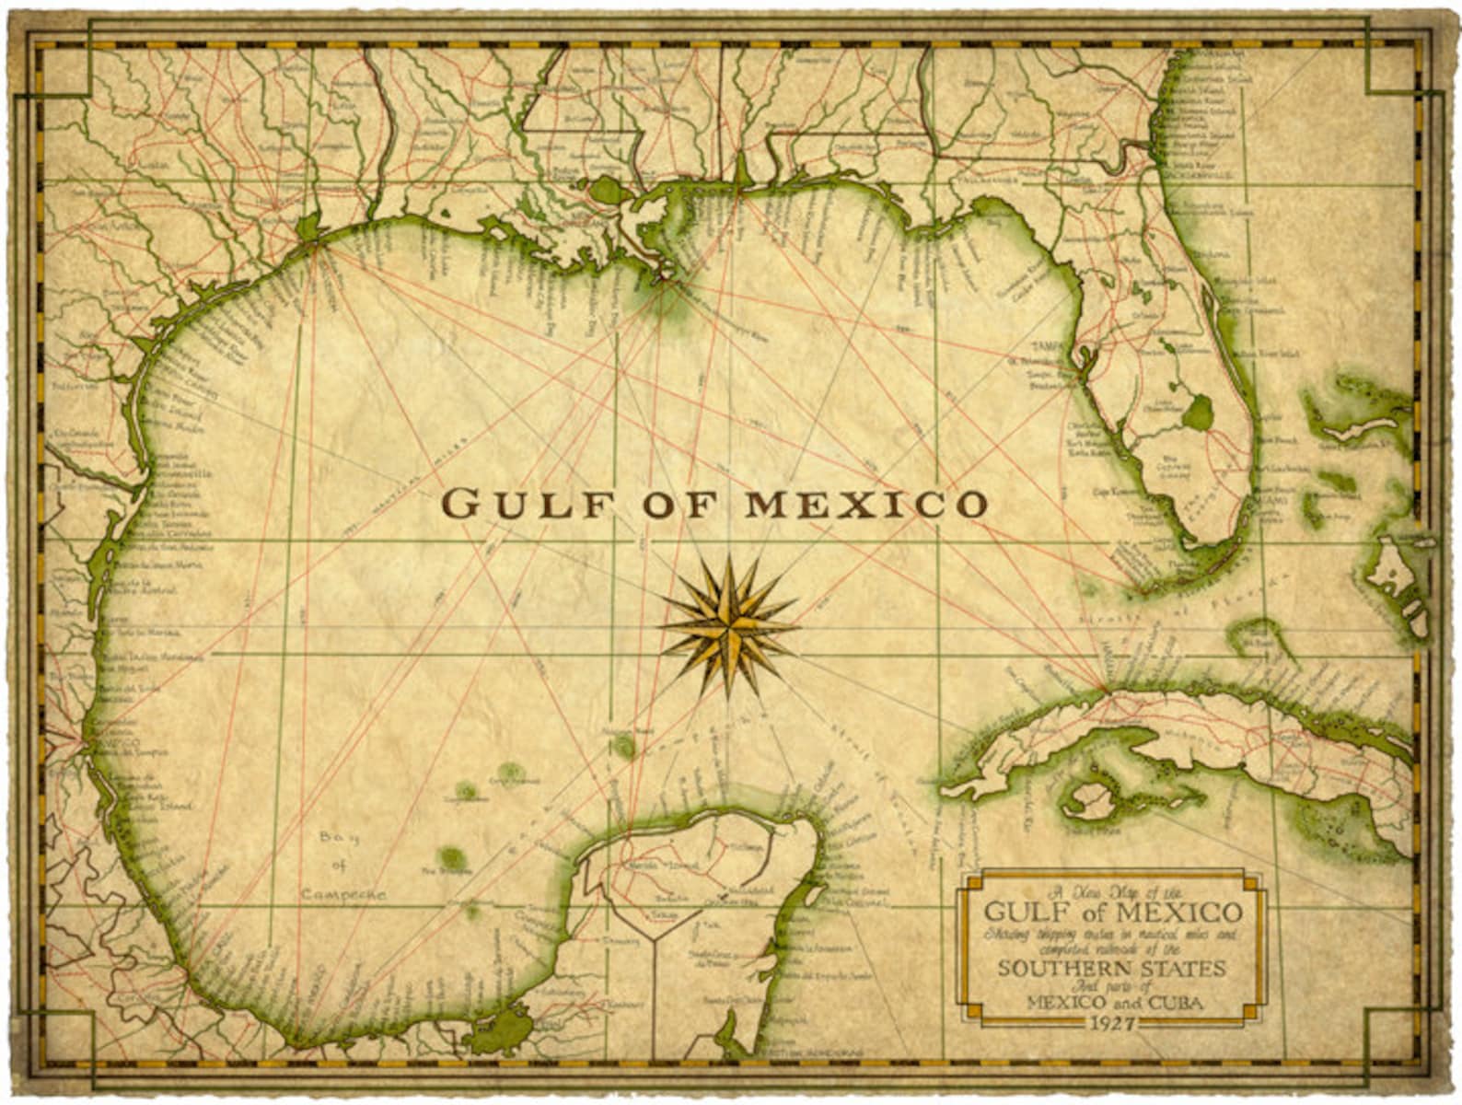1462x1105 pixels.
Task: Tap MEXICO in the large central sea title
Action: coord(865,505)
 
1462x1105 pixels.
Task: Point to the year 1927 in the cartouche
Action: coord(1112,1023)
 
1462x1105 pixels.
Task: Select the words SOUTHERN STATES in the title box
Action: coord(1112,969)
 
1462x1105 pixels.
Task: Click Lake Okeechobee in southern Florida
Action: coord(1198,413)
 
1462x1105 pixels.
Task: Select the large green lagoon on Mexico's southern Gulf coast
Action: coord(502,1027)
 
